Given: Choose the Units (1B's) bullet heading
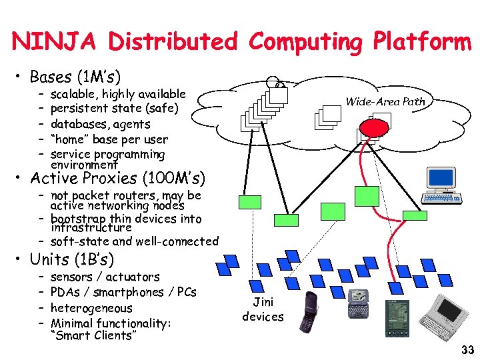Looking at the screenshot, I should (x=72, y=259).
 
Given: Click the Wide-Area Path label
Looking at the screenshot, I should (x=385, y=102).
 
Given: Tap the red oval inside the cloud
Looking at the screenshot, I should (x=372, y=127).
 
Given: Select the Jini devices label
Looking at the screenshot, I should (x=263, y=309).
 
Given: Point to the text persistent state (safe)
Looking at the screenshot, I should (x=114, y=108).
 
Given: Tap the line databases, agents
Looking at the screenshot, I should (x=100, y=124).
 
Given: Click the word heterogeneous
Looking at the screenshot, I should (x=91, y=308).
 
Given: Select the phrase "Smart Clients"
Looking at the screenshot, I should (x=93, y=335).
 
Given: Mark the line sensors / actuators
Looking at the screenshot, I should (x=105, y=277).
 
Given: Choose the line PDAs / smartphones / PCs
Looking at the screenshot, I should (x=123, y=292).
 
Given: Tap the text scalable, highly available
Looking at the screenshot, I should (x=118, y=93).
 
